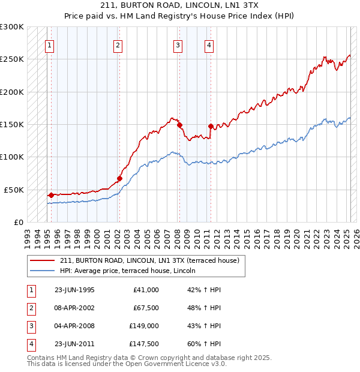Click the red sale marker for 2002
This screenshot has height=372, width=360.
click(x=119, y=178)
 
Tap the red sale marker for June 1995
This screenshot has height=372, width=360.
click(x=51, y=195)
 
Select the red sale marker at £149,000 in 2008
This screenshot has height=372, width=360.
click(x=179, y=125)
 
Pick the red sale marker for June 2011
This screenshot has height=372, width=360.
click(x=211, y=126)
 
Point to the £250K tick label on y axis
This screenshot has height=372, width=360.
click(x=12, y=59)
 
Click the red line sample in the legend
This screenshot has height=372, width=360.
click(x=42, y=260)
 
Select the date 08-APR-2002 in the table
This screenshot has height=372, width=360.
click(x=74, y=308)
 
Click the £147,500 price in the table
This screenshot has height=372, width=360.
click(x=143, y=344)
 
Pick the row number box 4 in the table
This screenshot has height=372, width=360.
click(x=31, y=344)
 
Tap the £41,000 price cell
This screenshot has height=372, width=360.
click(x=146, y=290)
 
